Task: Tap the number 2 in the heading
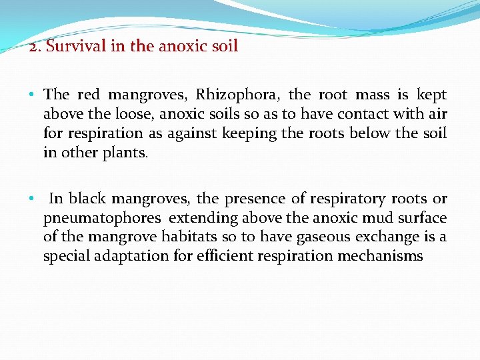(33, 47)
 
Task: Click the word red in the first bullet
(89, 95)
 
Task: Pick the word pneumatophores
(102, 218)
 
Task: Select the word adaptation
(128, 256)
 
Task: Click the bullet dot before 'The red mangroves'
(32, 95)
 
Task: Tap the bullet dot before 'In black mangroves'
(32, 199)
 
